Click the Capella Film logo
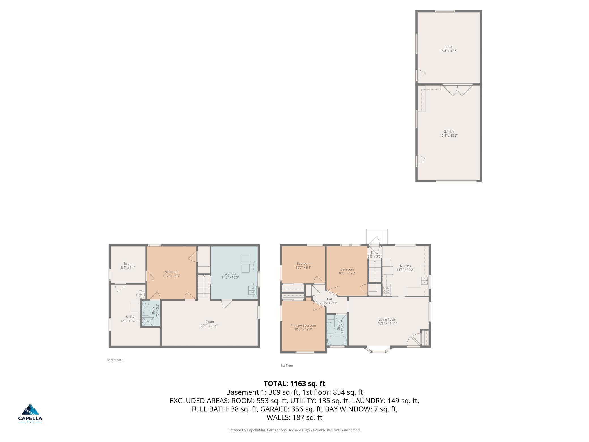(x=30, y=413)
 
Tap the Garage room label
(x=449, y=133)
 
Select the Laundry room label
(x=230, y=275)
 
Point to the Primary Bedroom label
(x=303, y=327)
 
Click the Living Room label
(x=387, y=321)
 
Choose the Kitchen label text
(x=405, y=266)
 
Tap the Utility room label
(x=130, y=318)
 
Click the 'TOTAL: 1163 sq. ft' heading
(x=294, y=384)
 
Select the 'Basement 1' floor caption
(x=115, y=360)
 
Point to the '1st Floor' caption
(x=287, y=365)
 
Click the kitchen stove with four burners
(x=386, y=290)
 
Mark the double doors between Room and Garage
(x=458, y=90)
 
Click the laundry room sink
(x=252, y=290)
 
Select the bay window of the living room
(x=378, y=350)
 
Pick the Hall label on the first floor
(x=330, y=301)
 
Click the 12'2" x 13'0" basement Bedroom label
(x=171, y=273)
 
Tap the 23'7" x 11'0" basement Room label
(x=209, y=324)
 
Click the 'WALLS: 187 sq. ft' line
(x=294, y=417)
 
